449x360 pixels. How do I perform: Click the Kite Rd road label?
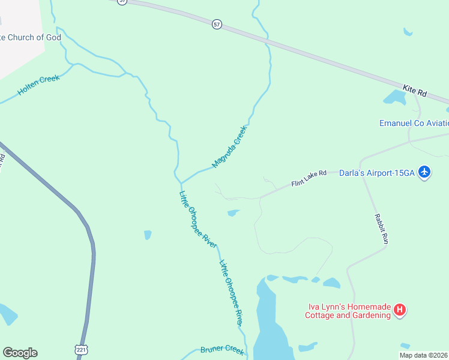point(414,91)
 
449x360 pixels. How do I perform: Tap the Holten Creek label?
point(38,85)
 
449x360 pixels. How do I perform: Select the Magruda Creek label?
point(229,146)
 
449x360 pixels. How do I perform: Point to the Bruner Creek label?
point(222,350)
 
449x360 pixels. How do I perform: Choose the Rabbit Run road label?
point(381,229)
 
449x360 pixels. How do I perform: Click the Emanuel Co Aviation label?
point(414,123)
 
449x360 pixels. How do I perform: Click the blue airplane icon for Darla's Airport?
point(425,172)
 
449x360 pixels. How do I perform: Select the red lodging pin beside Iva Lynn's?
point(400,310)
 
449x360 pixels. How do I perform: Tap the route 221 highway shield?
point(81,349)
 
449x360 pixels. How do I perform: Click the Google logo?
point(20,353)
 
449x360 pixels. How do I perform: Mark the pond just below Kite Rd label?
point(395,97)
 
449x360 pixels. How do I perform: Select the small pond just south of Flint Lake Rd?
point(233,212)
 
